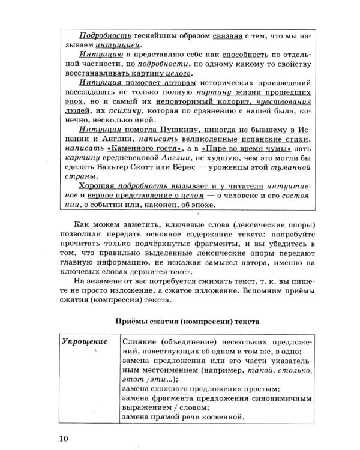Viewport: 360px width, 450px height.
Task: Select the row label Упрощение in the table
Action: pyautogui.click(x=84, y=341)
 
